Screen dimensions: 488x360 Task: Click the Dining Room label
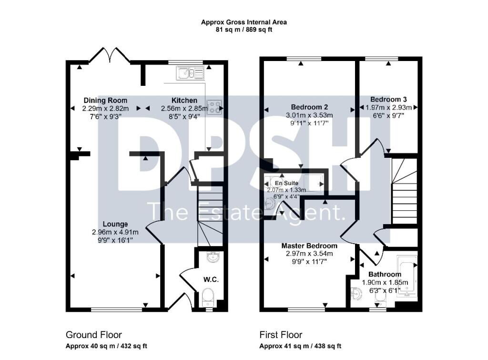point(105,100)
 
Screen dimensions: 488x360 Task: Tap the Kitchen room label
point(184,100)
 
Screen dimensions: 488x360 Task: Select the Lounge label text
point(115,224)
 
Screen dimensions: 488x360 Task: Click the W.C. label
point(211,279)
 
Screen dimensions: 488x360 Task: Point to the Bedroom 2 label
point(309,107)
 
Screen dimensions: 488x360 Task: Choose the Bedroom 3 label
point(388,99)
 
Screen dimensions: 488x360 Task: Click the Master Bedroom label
point(309,246)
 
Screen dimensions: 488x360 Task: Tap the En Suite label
point(286,183)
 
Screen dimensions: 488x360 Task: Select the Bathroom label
point(385,274)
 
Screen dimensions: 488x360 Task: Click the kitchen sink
point(190,73)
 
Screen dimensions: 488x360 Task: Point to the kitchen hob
point(214,107)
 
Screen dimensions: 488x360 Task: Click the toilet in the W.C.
point(208,298)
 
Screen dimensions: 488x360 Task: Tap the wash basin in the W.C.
point(213,257)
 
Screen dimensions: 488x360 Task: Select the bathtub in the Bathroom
point(407,277)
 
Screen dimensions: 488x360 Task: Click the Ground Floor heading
point(94,335)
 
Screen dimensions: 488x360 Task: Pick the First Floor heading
point(281,335)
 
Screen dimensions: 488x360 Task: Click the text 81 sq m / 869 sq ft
point(244,30)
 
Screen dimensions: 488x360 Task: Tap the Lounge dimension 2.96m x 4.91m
point(115,232)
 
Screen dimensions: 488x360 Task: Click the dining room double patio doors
point(110,55)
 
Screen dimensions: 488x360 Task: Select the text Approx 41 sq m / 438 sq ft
point(300,346)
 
